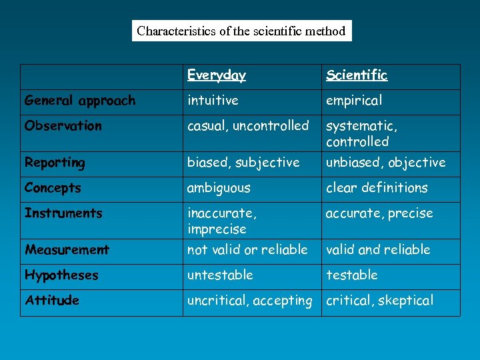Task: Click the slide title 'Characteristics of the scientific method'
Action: [x=241, y=31]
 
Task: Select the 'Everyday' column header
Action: [x=216, y=75]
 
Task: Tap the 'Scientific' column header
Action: [x=357, y=75]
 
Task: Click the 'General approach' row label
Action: [x=79, y=101]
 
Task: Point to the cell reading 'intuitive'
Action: [x=212, y=101]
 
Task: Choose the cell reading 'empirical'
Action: [x=354, y=101]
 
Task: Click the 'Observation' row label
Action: [x=63, y=126]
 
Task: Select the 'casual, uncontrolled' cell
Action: [x=248, y=126]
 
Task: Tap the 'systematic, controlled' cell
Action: [x=361, y=133]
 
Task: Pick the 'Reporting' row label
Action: [x=55, y=163]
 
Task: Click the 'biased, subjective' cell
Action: [x=243, y=163]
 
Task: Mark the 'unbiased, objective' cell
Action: [x=385, y=163]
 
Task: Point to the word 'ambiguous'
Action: [x=219, y=188]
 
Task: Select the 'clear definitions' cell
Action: [x=377, y=188]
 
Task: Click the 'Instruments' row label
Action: [x=63, y=213]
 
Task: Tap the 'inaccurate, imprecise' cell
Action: [x=222, y=221]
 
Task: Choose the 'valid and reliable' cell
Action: [x=378, y=250]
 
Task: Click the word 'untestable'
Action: [x=220, y=275]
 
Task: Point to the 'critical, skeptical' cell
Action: [x=379, y=301]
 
